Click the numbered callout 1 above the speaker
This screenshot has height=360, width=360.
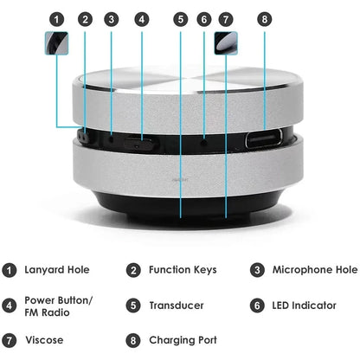pyautogui.click(x=56, y=18)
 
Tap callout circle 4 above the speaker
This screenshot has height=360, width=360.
pyautogui.click(x=141, y=18)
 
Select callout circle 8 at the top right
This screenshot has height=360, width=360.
pyautogui.click(x=265, y=18)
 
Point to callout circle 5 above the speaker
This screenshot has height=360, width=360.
pyautogui.click(x=180, y=18)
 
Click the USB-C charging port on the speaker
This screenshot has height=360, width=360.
pyautogui.click(x=266, y=139)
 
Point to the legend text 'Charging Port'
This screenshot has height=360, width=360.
pyautogui.click(x=183, y=341)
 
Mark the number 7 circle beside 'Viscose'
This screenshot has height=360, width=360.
pyautogui.click(x=10, y=341)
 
